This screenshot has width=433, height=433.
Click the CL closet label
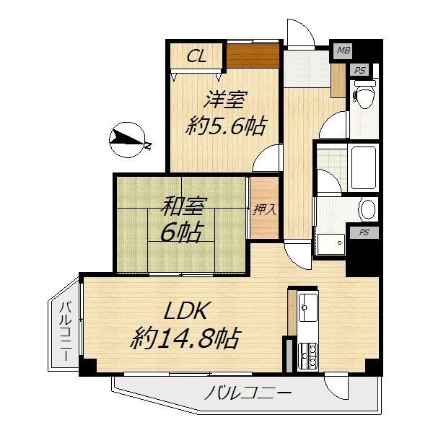(x=196, y=56)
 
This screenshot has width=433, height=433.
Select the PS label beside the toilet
(x=359, y=70)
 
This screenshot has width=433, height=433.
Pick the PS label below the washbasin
(x=359, y=232)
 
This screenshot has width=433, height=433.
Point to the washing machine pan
(x=330, y=244)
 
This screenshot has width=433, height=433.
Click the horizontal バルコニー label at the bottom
(x=247, y=394)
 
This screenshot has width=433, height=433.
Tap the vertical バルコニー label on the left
(x=64, y=332)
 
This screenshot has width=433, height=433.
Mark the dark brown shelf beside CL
(x=253, y=56)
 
